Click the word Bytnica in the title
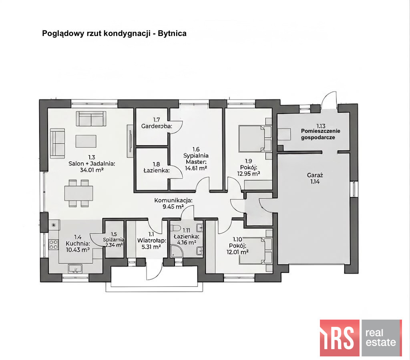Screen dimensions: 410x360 coord(172,34)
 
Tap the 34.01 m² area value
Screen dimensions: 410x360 coord(92,170)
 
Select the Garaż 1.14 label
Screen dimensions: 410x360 coord(315,178)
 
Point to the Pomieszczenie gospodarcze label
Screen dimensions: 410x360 coord(320,134)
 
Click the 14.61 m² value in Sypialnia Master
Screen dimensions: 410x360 coord(196,168)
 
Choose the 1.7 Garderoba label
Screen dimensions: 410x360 coord(157,123)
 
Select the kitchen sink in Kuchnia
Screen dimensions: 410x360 coord(75,268)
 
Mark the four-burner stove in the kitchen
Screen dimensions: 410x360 coord(53,244)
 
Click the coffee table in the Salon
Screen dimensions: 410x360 coord(86,141)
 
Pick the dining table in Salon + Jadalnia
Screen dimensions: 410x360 coord(79,193)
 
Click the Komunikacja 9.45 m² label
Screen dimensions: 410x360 coord(173,204)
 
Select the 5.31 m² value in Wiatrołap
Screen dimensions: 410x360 coord(151,247)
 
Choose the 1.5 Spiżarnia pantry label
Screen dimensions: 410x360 coord(114,240)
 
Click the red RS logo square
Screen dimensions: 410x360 coord(340,338)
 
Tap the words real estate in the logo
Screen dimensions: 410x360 coord(381,338)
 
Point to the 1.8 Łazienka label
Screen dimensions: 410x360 coord(157,168)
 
